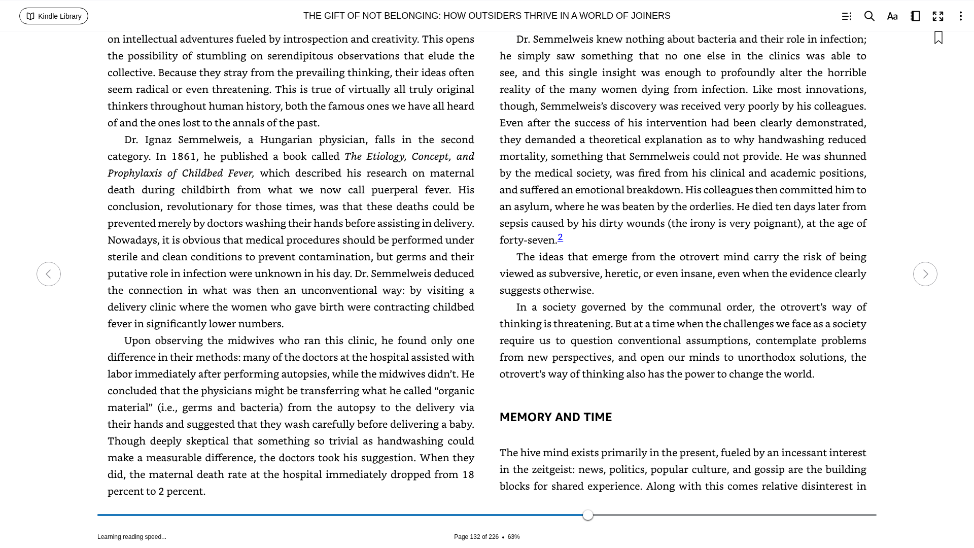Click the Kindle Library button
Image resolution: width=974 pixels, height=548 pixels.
54,16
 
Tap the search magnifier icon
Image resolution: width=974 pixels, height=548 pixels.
869,16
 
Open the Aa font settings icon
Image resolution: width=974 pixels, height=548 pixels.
892,16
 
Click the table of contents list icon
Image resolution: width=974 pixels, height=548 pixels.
847,16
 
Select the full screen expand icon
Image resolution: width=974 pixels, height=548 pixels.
938,16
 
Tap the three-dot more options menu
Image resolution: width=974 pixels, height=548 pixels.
961,16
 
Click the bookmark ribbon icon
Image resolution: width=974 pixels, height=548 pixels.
938,38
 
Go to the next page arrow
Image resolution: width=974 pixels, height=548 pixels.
925,274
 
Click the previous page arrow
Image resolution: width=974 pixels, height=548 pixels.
49,274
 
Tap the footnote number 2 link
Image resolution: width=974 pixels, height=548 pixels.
560,237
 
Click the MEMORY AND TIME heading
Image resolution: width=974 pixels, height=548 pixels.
555,417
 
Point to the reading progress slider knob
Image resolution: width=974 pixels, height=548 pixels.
588,515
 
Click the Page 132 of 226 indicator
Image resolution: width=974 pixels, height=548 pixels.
476,537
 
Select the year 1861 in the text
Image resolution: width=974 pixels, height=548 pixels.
184,156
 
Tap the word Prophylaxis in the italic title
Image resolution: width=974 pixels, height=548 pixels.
134,173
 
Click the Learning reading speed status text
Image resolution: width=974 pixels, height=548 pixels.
132,537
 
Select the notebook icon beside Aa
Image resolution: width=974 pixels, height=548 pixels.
915,16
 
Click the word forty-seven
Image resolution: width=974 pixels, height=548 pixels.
528,240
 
